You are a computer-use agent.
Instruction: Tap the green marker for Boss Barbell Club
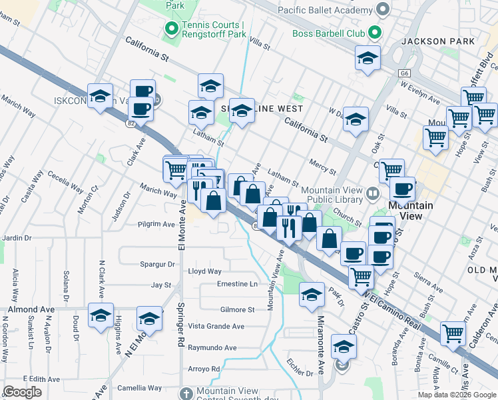(x=374, y=31)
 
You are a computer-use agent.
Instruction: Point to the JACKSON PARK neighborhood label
(x=438, y=41)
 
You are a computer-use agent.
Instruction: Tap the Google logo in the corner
(x=23, y=392)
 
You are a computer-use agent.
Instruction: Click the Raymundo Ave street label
(x=212, y=348)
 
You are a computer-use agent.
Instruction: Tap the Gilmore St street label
(x=238, y=310)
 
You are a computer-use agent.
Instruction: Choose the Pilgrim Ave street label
(x=156, y=225)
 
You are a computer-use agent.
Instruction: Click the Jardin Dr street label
(x=17, y=237)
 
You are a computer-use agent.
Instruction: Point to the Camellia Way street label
(x=140, y=388)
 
